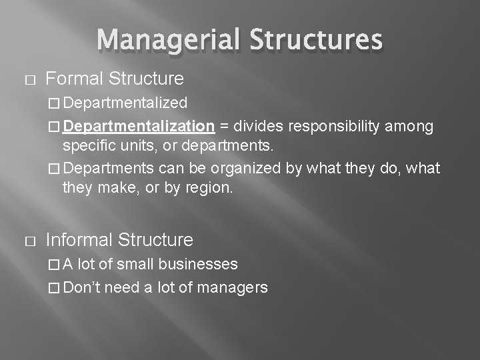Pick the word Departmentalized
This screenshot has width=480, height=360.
(126, 103)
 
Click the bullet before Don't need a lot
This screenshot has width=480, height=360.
(55, 288)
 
